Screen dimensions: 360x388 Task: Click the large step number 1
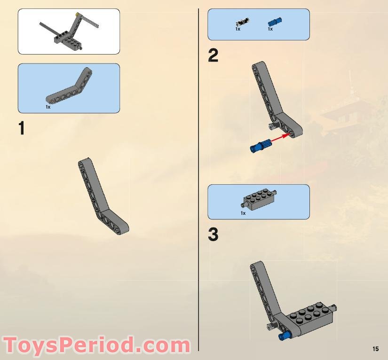pos(21,129)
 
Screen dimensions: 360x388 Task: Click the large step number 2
pos(214,56)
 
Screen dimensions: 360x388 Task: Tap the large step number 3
pos(214,235)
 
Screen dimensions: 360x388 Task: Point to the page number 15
pos(375,349)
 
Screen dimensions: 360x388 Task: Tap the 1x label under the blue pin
pos(270,29)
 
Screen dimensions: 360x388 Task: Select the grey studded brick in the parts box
pos(259,200)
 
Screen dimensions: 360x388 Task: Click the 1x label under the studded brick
pos(243,213)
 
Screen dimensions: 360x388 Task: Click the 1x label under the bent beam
pos(48,107)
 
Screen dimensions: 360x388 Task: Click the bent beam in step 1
pos(101,197)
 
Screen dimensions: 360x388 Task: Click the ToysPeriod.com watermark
pos(96,345)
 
